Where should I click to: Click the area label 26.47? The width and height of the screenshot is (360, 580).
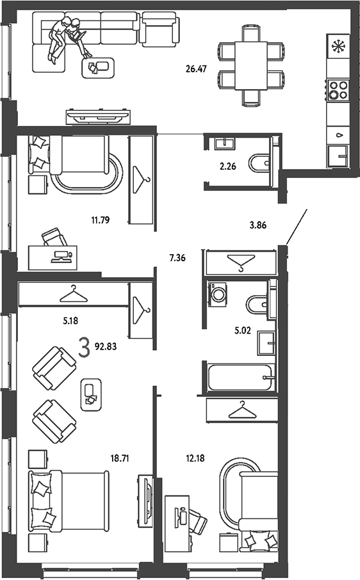(196, 68)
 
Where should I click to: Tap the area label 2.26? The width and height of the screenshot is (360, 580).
(228, 166)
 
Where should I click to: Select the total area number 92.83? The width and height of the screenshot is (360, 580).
(106, 346)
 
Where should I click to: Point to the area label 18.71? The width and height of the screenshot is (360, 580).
(120, 458)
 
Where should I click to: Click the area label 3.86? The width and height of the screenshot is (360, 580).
(258, 225)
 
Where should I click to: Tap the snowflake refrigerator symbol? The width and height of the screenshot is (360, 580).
(338, 47)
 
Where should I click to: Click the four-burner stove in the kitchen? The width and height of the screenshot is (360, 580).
(338, 90)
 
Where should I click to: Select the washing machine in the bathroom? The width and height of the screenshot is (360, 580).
(218, 294)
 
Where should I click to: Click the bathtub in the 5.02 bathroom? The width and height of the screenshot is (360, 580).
(240, 377)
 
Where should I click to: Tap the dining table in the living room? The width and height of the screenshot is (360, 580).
(251, 65)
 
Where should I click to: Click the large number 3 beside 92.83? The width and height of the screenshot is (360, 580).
(85, 348)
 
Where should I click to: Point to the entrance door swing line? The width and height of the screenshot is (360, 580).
(297, 227)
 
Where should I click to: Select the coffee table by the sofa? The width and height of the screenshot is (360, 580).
(98, 68)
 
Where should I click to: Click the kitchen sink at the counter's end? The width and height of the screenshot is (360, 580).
(338, 156)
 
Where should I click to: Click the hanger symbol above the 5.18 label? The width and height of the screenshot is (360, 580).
(74, 294)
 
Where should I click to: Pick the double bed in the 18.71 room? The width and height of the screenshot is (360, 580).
(69, 501)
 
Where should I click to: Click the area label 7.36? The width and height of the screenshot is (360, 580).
(177, 258)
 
